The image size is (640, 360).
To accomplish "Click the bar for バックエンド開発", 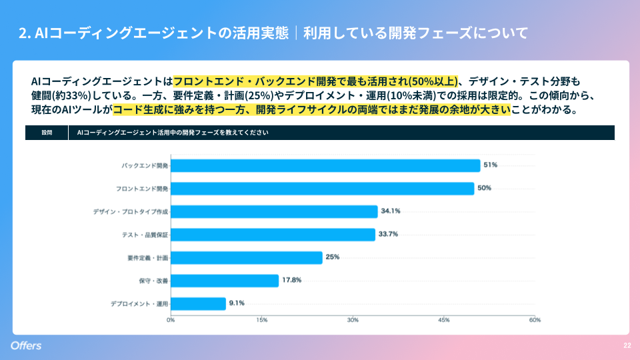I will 325,165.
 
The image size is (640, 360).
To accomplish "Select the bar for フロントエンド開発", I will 322,189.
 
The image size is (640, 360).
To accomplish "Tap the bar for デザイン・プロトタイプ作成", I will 274,211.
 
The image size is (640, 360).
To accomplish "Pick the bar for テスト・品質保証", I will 273,235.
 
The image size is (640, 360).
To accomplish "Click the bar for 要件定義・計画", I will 247,257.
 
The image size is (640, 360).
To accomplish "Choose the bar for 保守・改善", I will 225,281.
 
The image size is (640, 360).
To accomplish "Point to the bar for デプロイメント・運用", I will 198,303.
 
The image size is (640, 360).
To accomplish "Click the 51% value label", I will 491,165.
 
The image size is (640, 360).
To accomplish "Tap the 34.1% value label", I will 390,211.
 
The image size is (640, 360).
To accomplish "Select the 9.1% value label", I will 237,303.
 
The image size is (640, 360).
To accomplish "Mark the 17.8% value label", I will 291,280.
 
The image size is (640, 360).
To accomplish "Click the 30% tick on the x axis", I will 353,321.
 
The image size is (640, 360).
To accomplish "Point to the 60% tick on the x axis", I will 535,321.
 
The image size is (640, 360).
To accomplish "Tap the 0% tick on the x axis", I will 171,321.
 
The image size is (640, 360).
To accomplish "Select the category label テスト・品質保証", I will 145,235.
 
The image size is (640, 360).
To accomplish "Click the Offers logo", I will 26,345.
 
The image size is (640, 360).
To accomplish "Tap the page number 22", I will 627,345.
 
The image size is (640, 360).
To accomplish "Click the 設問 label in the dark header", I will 47,133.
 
